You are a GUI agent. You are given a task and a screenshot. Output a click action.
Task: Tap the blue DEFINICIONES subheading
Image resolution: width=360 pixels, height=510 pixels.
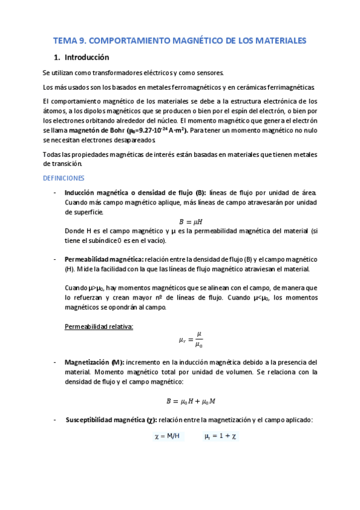(64, 178)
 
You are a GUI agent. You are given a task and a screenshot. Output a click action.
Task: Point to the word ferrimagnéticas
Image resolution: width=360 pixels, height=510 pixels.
(296, 87)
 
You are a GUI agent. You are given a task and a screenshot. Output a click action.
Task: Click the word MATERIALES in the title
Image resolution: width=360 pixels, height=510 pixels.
(279, 40)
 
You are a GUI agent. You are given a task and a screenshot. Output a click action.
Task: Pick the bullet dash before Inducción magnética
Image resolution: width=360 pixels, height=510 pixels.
(55, 192)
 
